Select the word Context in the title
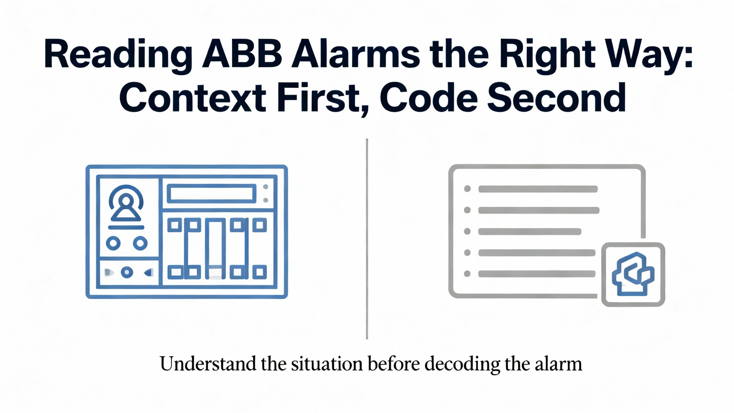click(x=193, y=98)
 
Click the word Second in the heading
click(x=557, y=98)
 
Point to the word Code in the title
click(x=429, y=98)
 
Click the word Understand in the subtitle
click(x=208, y=364)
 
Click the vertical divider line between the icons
click(x=367, y=239)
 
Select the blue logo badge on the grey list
click(x=633, y=274)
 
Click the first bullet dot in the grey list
click(x=467, y=189)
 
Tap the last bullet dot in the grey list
click(x=467, y=274)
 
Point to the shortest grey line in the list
click(x=530, y=231)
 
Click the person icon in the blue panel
click(x=126, y=204)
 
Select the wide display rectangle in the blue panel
click(x=212, y=194)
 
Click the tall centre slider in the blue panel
click(x=215, y=249)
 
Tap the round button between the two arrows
click(x=127, y=272)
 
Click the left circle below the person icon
click(x=113, y=243)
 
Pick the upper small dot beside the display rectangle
click(x=266, y=187)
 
